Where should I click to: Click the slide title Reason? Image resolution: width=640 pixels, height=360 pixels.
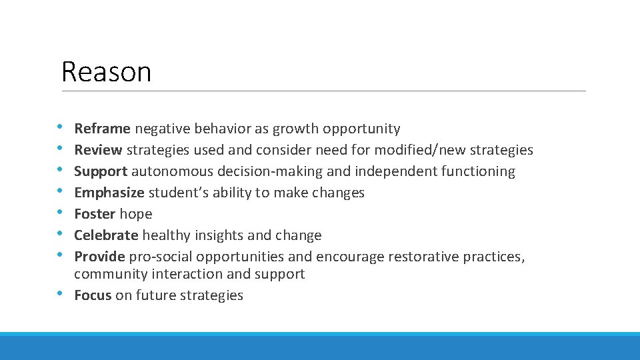point(106,72)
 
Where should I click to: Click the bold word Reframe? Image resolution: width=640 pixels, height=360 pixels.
point(103,129)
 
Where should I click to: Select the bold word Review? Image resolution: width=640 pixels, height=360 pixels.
point(99,150)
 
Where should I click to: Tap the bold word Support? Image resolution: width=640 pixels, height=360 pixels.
point(101,171)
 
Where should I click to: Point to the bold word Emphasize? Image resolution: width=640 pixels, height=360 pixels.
point(109,193)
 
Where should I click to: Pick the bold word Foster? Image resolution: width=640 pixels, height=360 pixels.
point(95,214)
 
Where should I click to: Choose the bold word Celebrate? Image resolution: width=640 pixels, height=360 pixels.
point(106,235)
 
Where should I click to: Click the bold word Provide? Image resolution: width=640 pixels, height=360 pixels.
point(99,257)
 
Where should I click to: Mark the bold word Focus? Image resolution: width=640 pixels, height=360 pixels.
point(93,295)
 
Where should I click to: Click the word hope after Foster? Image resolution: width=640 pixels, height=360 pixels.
point(135,214)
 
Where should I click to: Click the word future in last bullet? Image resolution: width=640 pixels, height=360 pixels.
point(157,295)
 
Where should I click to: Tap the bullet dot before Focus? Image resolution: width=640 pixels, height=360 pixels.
point(61,294)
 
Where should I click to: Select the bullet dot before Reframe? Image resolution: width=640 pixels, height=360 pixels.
point(61,125)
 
